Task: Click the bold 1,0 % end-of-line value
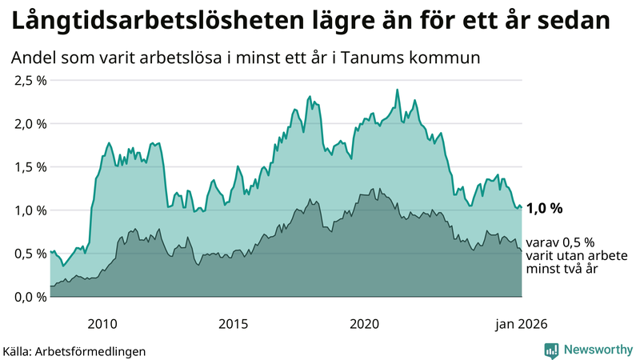coord(545,208)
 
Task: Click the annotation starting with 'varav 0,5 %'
coord(576,256)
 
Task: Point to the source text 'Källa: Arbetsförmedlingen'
coord(74,350)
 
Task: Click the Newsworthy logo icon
coord(551,350)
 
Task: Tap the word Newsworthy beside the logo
coord(597,350)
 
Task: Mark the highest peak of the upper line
coord(397,90)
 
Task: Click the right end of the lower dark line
coord(522,251)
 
